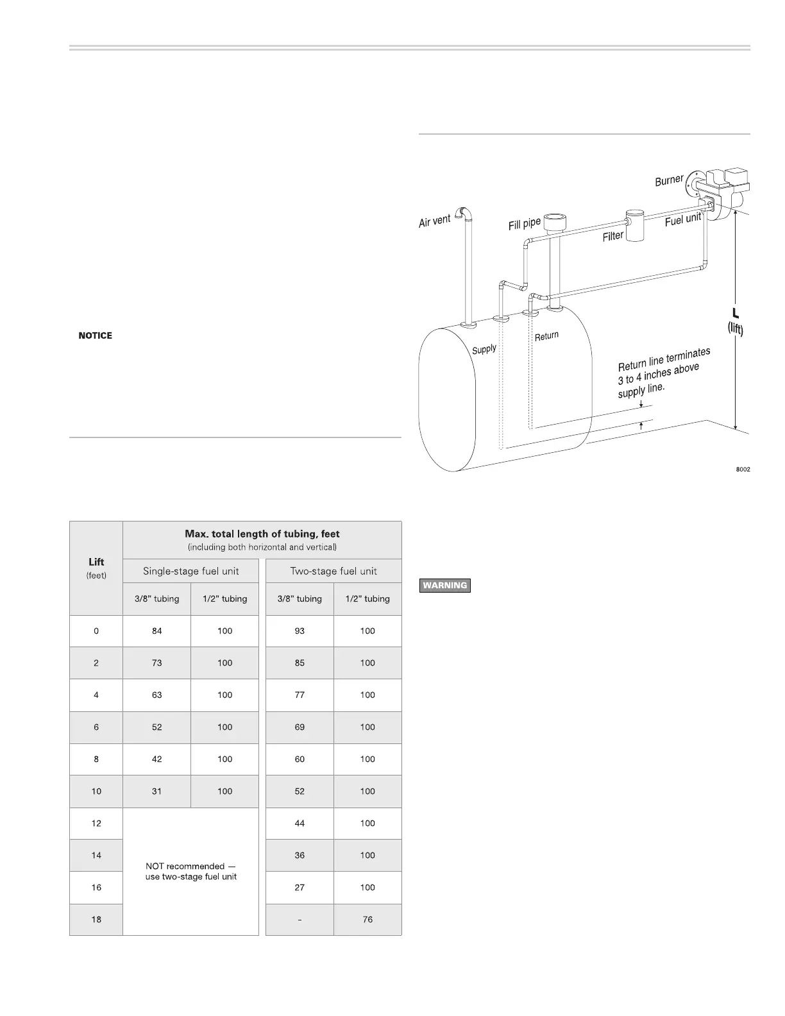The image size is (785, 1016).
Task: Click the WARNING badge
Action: (444, 585)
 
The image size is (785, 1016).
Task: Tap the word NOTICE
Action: (96, 335)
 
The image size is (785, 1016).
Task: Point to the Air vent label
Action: (434, 221)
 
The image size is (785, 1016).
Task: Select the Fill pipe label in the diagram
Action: (525, 224)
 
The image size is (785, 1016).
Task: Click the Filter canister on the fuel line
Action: (636, 225)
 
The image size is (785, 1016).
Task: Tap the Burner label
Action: (669, 180)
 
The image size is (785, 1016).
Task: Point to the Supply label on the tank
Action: (484, 350)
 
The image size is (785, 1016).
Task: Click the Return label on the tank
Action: (546, 335)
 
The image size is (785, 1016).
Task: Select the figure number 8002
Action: (743, 470)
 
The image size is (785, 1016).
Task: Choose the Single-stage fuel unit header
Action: (190, 571)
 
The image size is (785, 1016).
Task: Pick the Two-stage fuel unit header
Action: (333, 571)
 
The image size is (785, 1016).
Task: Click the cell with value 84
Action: (157, 631)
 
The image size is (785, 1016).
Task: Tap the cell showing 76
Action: (367, 919)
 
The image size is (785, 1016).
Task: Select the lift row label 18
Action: (96, 919)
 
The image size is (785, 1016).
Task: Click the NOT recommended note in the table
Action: (190, 871)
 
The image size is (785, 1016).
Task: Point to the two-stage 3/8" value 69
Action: (300, 727)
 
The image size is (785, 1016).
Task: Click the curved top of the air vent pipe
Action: (463, 212)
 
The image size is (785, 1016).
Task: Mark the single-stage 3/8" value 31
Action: (157, 791)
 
